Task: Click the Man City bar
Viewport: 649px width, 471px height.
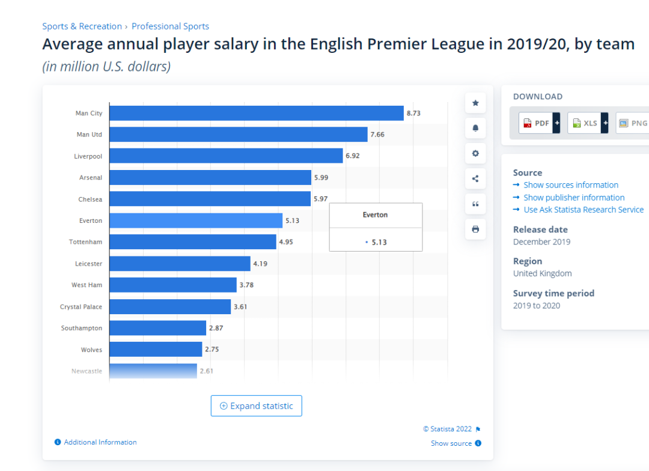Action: click(x=256, y=113)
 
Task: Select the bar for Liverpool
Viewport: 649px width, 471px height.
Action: click(x=226, y=156)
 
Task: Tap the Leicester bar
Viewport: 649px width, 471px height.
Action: click(x=180, y=264)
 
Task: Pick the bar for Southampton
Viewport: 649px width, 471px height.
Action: click(x=157, y=328)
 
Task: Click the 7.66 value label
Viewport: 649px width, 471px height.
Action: click(x=377, y=135)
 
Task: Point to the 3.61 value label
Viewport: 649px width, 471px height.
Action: click(x=240, y=307)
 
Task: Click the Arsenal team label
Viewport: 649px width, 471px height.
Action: click(x=91, y=178)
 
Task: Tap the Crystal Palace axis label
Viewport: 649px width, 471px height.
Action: click(x=81, y=307)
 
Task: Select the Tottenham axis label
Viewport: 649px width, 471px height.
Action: click(x=85, y=242)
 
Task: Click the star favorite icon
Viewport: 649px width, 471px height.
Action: click(x=475, y=103)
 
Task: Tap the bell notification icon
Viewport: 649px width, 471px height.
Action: click(x=475, y=129)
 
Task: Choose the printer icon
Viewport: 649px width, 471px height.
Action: click(x=475, y=229)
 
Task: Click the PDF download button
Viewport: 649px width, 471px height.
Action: click(x=539, y=123)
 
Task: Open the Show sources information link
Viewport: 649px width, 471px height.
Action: click(x=570, y=185)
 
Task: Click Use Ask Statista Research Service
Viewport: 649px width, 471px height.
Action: click(x=583, y=210)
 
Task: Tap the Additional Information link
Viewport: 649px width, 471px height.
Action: click(x=100, y=442)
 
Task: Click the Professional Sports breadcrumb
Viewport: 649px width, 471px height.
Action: click(x=170, y=26)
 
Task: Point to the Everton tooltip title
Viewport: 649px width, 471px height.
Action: click(x=376, y=215)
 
